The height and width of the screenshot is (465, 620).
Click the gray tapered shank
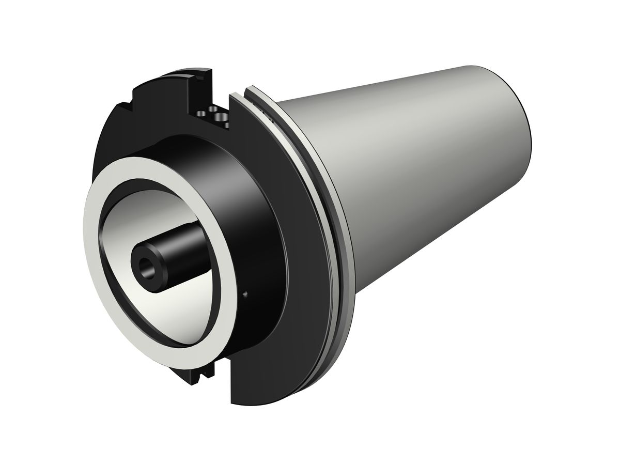click(413, 171)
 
